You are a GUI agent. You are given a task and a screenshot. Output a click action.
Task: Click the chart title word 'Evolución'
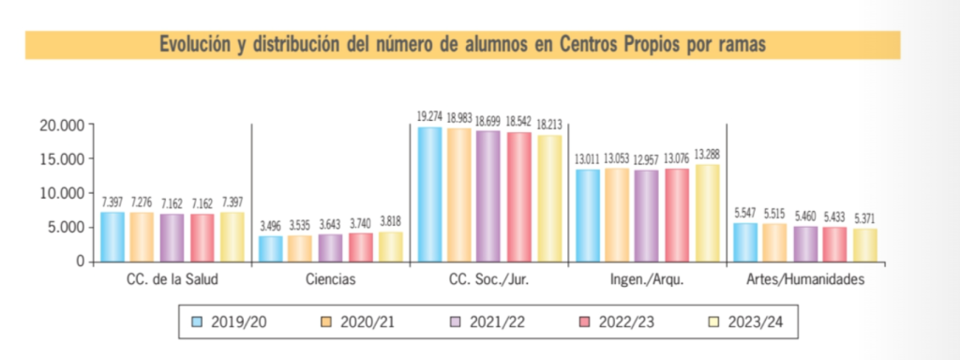(x=195, y=44)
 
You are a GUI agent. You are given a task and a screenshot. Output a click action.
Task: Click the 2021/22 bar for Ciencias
(x=331, y=247)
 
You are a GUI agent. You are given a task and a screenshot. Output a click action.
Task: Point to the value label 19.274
(x=429, y=116)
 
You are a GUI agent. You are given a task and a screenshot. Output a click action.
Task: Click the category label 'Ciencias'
(x=330, y=279)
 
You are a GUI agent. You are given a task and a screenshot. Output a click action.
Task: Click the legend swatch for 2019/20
(x=198, y=322)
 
